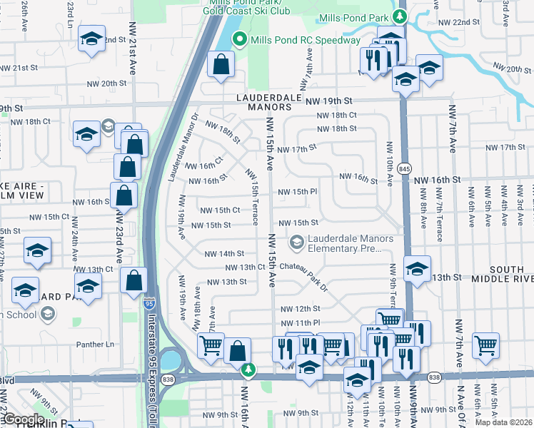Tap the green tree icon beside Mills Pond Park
coord(401,16)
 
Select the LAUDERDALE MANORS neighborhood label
coord(260,101)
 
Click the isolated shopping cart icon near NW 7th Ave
coord(485,345)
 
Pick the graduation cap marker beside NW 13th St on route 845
coord(417,269)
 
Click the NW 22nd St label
coord(459,22)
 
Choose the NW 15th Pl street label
coord(297,192)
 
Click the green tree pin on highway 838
coord(248,370)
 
